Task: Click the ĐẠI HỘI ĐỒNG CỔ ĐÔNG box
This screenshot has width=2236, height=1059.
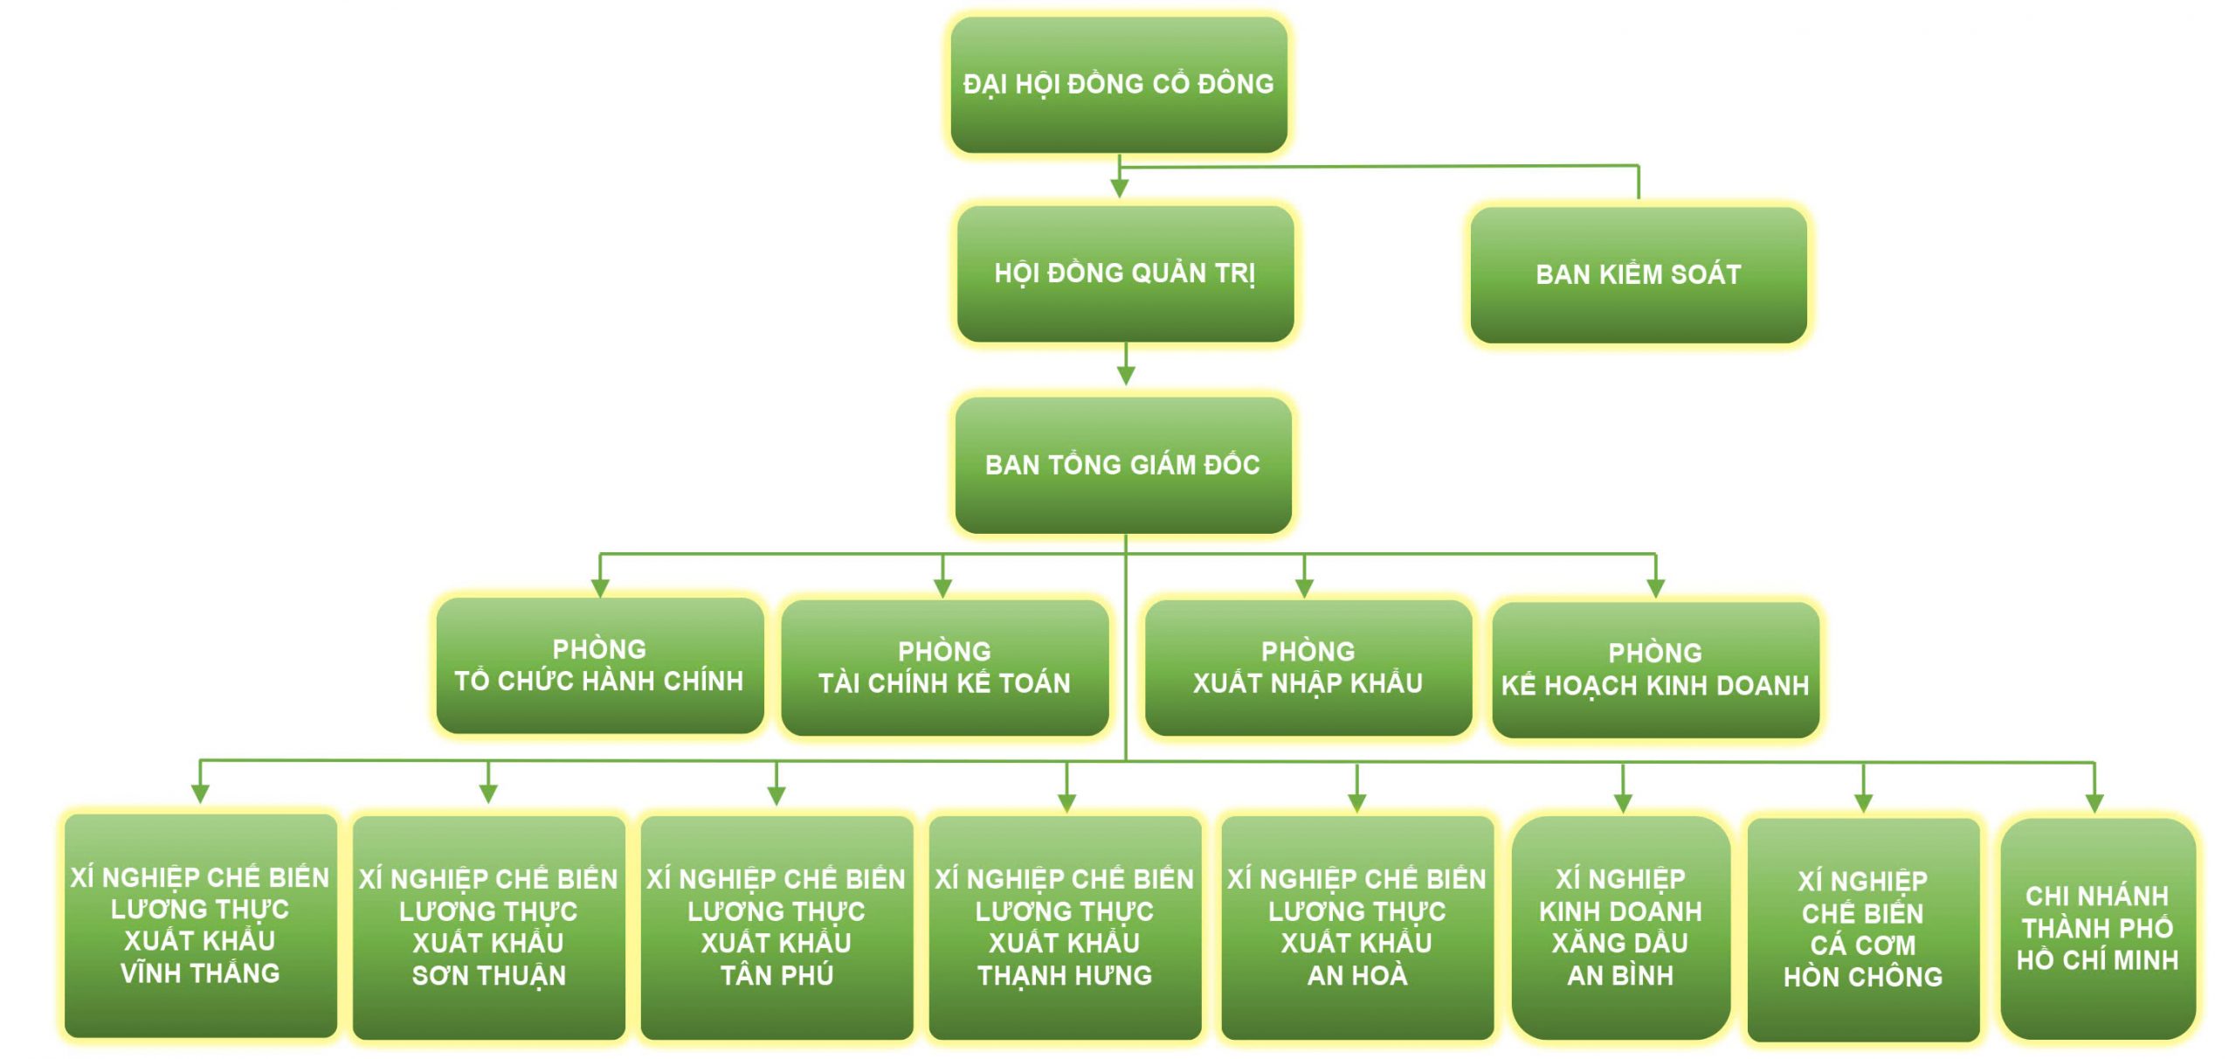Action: click(x=1118, y=84)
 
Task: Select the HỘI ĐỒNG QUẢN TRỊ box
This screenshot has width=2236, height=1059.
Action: click(x=1125, y=273)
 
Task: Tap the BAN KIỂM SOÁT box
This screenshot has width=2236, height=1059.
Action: click(x=1638, y=274)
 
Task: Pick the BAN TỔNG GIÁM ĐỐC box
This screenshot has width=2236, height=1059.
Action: click(x=1123, y=465)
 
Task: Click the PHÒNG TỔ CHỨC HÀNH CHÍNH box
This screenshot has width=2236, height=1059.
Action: click(x=600, y=665)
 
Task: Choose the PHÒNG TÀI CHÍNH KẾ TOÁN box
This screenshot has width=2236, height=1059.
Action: click(x=944, y=667)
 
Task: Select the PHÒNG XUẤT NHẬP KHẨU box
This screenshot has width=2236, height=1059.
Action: click(x=1308, y=667)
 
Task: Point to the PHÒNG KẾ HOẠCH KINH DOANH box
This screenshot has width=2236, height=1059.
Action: click(x=1655, y=669)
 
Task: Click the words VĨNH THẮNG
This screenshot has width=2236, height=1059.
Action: click(x=200, y=973)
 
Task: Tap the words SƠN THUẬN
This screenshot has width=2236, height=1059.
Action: click(x=489, y=975)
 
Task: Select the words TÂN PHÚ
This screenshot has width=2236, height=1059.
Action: click(x=776, y=975)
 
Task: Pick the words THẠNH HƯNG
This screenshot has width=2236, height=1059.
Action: click(x=1065, y=975)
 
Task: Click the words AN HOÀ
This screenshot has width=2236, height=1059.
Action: click(x=1356, y=975)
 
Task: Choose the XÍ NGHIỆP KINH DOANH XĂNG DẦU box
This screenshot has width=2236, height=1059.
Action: click(x=1620, y=927)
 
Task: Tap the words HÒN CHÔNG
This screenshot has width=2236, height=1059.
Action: click(x=1863, y=977)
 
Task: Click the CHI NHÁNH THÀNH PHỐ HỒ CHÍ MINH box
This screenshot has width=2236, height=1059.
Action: click(x=2097, y=928)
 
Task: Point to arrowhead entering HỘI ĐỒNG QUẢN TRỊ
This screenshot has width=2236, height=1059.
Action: click(x=1120, y=189)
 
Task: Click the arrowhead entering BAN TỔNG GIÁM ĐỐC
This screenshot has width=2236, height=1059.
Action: click(x=1126, y=376)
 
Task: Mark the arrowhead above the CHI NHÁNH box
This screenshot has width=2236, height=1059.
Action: click(x=2095, y=803)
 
